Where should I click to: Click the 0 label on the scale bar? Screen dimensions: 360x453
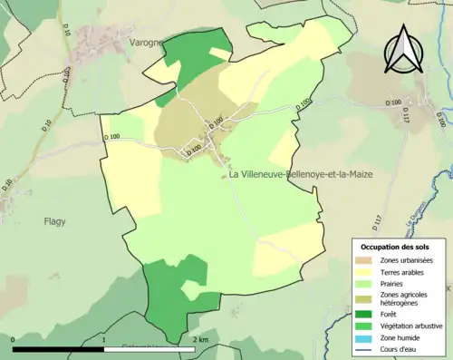14,340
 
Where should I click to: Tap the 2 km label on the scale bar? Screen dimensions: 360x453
199,340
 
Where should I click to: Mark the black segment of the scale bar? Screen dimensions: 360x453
59,349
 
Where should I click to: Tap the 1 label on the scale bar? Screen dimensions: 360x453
105,340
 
